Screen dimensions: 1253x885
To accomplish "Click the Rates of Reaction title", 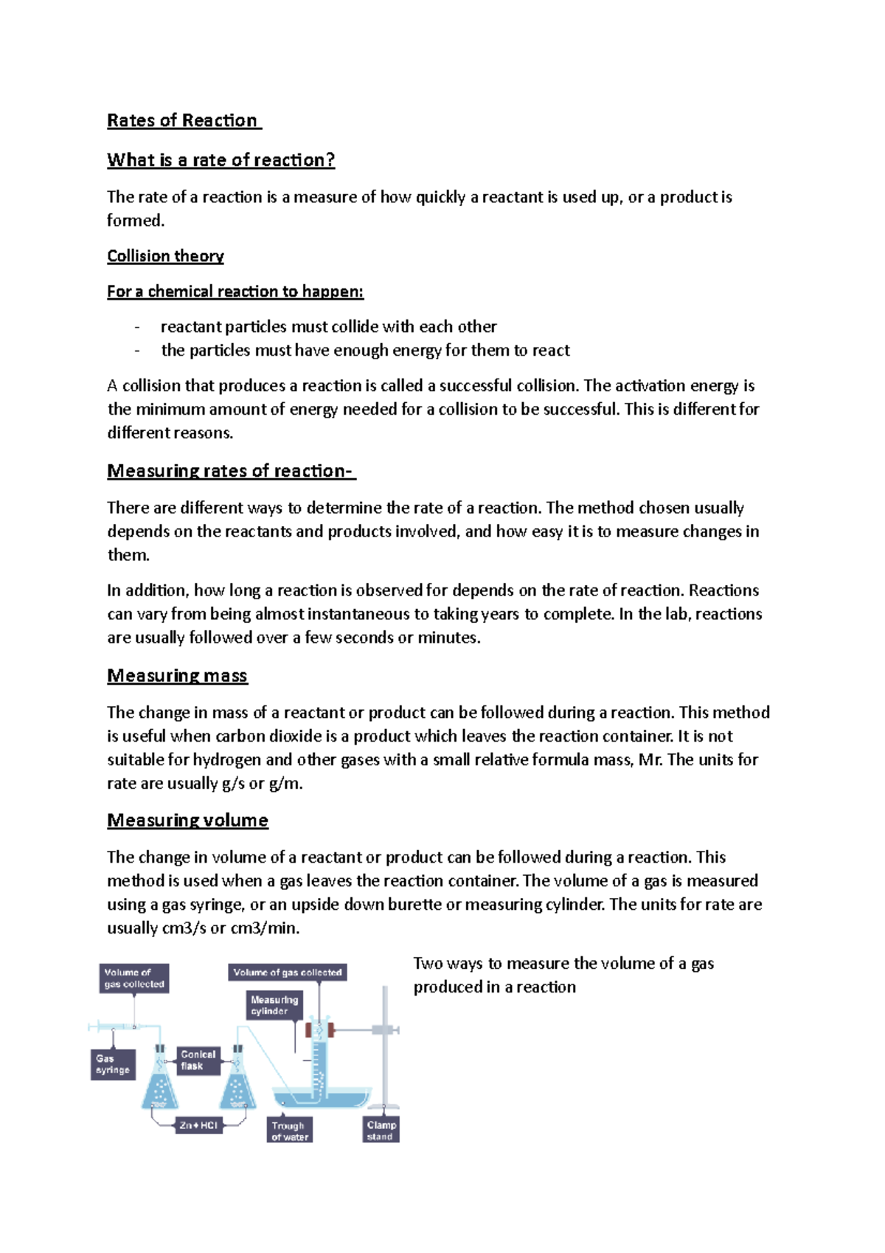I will coord(182,120).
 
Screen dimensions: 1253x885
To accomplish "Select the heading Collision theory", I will coord(165,256).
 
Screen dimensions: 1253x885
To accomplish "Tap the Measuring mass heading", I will coord(177,675).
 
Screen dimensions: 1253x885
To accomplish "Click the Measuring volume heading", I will coord(187,820).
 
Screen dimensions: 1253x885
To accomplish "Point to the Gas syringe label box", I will coord(113,1064).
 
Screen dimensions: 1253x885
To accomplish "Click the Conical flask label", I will coord(198,1060).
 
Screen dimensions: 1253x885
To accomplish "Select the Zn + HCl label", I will coord(198,1125).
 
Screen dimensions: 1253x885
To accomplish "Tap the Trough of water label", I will coord(289,1131).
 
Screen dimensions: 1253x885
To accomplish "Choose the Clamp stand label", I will coord(381,1130).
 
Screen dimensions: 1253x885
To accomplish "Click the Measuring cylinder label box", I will coord(274,1005).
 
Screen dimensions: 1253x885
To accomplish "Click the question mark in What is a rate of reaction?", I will coord(330,160).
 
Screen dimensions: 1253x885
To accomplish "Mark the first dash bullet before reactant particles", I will coord(137,327).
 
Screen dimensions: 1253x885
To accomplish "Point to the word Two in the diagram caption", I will coord(428,963).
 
